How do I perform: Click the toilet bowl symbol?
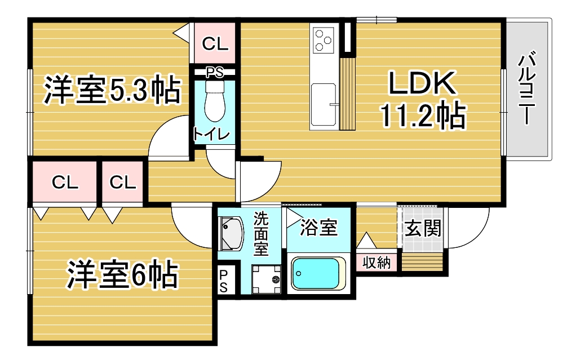click(x=215, y=101)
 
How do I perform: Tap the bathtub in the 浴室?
click(x=318, y=274)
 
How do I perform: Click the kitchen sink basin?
click(x=324, y=105)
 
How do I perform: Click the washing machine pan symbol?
click(x=267, y=279)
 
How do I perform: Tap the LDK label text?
click(x=422, y=83)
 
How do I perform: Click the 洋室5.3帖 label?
click(x=112, y=90)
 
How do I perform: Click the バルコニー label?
click(x=527, y=88)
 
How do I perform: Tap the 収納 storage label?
click(x=376, y=263)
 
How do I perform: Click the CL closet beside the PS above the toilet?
click(x=215, y=44)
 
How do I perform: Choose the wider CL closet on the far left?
click(x=65, y=182)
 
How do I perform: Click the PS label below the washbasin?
click(x=223, y=281)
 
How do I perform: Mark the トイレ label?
click(x=211, y=135)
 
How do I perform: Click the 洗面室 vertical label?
click(x=261, y=234)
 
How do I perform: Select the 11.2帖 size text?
click(x=423, y=115)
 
